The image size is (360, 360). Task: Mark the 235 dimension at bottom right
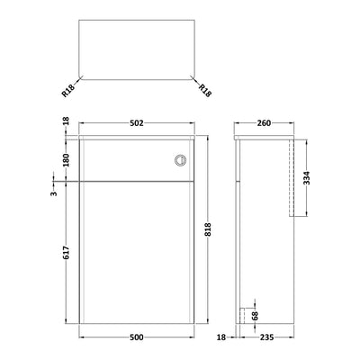tap(265, 338)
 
